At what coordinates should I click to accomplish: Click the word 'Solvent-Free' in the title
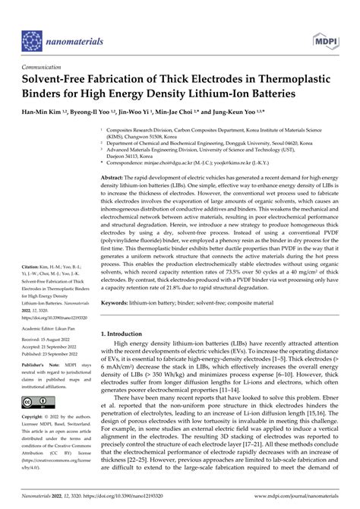coord(57,79)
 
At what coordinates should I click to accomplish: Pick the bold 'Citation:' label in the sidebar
coord(31,268)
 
